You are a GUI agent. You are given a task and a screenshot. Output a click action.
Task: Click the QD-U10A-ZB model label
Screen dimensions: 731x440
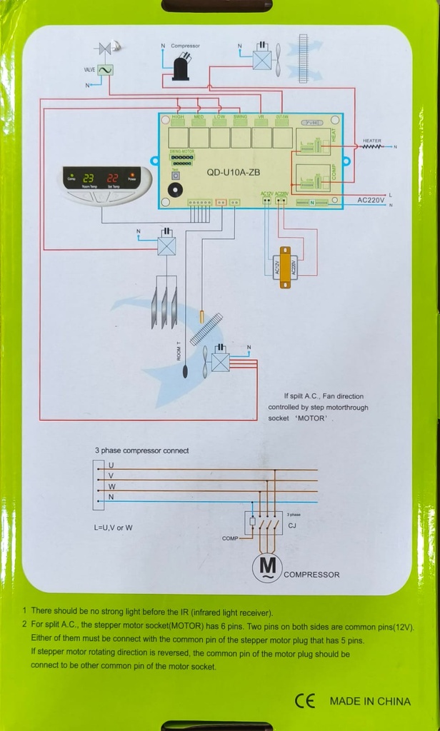point(233,172)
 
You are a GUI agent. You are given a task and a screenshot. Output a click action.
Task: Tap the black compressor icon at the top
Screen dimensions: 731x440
point(181,68)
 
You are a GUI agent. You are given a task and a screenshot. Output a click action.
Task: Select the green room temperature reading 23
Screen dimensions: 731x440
point(89,178)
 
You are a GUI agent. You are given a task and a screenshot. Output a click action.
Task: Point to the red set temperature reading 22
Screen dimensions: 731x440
point(113,178)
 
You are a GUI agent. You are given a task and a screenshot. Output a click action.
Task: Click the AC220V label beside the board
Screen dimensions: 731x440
point(371,201)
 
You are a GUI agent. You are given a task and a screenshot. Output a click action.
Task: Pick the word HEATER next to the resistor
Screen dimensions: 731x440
point(372,141)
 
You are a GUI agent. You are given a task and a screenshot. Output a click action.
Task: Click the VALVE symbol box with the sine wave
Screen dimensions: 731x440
point(105,71)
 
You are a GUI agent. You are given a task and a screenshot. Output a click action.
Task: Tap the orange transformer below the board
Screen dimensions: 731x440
point(285,267)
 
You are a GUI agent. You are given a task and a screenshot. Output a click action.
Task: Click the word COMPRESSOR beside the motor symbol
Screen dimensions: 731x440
point(311,575)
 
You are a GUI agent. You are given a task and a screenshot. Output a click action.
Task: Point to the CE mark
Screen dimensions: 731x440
point(304,700)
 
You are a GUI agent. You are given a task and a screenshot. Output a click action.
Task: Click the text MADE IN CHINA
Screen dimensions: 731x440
point(370,701)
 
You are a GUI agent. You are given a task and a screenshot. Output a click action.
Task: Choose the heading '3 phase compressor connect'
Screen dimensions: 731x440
point(142,450)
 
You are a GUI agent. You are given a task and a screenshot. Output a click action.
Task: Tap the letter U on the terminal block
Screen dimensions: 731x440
point(111,465)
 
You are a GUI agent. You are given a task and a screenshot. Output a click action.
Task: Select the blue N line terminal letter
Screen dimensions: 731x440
point(110,496)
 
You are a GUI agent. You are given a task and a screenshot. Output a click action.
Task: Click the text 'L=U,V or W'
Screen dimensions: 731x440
point(113,528)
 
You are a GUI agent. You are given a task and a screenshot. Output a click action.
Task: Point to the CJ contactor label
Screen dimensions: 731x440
point(291,525)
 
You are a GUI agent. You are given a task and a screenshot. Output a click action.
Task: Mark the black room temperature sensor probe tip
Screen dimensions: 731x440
point(186,371)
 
